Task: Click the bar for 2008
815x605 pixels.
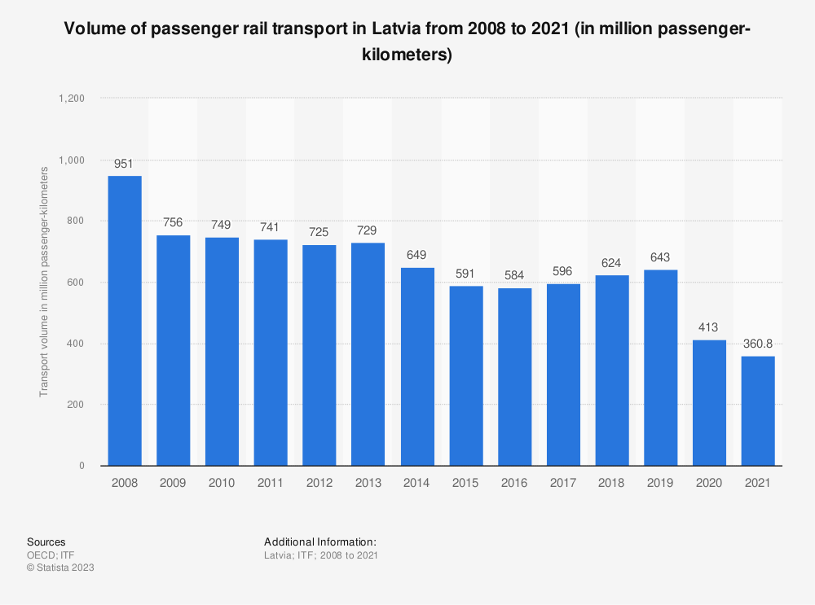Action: point(124,321)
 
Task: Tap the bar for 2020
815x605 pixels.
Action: point(709,402)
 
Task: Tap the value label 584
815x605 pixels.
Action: point(514,274)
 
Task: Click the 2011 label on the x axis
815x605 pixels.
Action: point(271,482)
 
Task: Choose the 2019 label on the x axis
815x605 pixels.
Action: point(660,482)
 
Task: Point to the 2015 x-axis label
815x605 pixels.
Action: point(465,482)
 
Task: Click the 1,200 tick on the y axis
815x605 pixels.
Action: point(72,99)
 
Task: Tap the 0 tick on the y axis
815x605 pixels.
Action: point(82,466)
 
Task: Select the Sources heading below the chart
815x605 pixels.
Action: point(46,541)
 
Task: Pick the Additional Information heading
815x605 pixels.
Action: point(319,541)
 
